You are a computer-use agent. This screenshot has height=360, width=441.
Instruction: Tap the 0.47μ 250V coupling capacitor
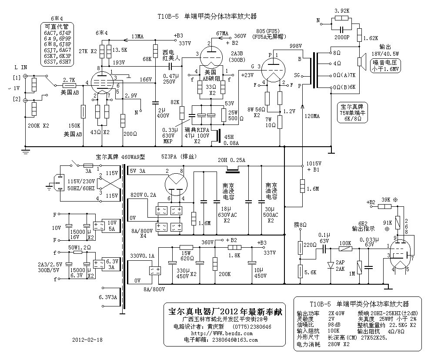tap(170, 66)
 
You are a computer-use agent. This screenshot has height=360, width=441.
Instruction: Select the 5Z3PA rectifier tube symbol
tap(176, 185)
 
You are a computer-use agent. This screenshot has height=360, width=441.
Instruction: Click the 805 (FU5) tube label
tap(268, 31)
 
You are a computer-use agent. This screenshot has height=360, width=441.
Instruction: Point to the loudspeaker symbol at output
tap(361, 61)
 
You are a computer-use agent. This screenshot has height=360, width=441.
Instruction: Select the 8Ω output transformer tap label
tap(337, 53)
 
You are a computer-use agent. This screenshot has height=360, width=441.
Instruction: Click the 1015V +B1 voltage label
tap(314, 166)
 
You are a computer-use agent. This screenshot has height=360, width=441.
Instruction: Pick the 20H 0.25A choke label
tap(231, 160)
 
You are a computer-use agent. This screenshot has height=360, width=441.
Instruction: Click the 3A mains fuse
tap(88, 166)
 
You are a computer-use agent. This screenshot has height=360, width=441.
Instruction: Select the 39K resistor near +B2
tap(384, 207)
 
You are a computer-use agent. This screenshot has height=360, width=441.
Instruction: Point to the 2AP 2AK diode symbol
tap(331, 265)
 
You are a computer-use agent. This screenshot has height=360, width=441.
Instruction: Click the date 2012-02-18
tap(87, 340)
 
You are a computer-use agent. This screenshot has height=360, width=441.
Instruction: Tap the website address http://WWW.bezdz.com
tap(222, 333)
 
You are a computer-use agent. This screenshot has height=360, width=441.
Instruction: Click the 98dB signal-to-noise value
tap(334, 325)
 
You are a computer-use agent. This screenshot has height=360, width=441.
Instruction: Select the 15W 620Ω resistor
tap(187, 247)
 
